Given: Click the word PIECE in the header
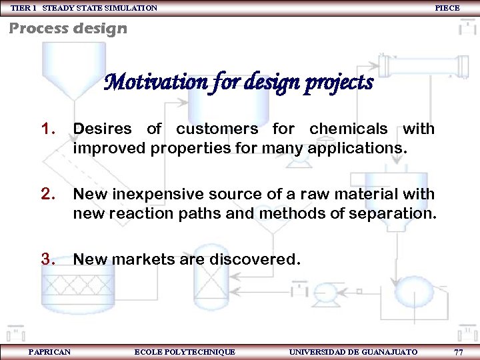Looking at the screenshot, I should point(447,8).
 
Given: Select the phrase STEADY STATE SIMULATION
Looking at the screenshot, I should point(100,8).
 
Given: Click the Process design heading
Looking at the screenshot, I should point(67,29).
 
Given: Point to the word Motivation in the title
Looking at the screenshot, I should point(147,83).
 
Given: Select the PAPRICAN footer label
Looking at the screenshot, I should point(49,351).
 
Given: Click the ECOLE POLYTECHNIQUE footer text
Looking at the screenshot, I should point(185,351).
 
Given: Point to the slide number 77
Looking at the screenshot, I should point(458,351).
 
